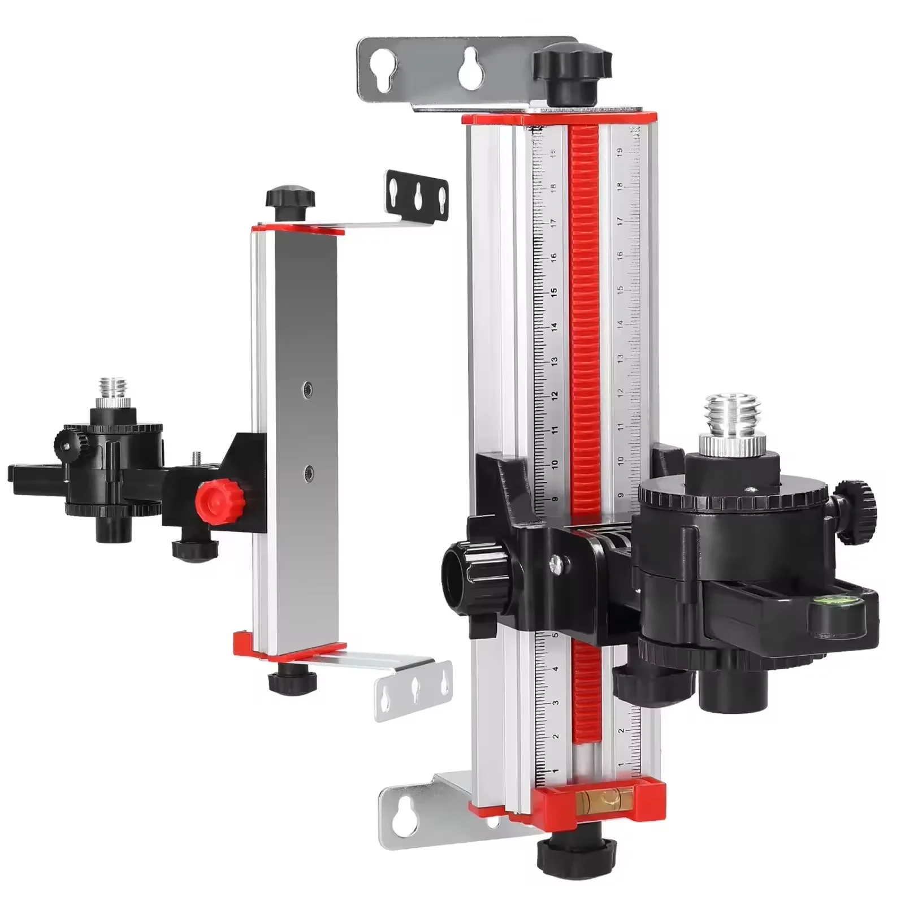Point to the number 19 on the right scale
tap(620, 151)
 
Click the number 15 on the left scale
tap(554, 292)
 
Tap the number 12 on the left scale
tap(555, 395)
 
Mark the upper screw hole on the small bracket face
tap(308, 388)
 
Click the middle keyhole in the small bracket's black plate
tap(417, 196)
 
